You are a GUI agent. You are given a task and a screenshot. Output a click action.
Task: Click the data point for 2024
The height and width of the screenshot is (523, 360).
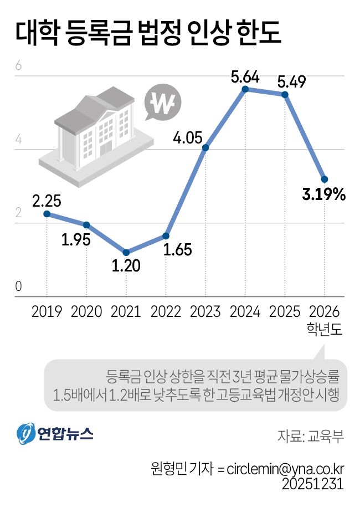coord(245,89)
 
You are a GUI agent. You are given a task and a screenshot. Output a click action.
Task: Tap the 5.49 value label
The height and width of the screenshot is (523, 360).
coord(291,82)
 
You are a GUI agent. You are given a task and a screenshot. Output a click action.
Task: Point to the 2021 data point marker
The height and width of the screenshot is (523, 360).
coord(126,252)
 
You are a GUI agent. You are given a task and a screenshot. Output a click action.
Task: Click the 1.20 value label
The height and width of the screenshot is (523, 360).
coord(126,266)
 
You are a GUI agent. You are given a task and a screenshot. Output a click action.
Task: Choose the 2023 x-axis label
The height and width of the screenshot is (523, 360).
coord(205,311)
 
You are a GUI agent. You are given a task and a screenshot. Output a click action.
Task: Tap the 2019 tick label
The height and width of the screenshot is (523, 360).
coord(47,311)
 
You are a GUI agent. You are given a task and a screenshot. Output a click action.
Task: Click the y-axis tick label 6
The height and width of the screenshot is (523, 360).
coord(18,66)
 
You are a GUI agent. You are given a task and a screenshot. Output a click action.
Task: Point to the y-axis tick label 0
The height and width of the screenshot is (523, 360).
coord(18,286)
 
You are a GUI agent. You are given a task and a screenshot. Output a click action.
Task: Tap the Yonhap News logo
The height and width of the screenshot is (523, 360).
coord(54,434)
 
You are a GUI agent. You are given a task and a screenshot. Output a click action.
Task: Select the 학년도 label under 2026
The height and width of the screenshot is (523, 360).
coord(325,330)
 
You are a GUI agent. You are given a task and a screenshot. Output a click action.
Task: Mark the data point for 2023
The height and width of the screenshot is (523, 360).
coord(205,147)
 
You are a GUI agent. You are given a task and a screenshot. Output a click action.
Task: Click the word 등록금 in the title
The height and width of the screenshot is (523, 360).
coord(100,33)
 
